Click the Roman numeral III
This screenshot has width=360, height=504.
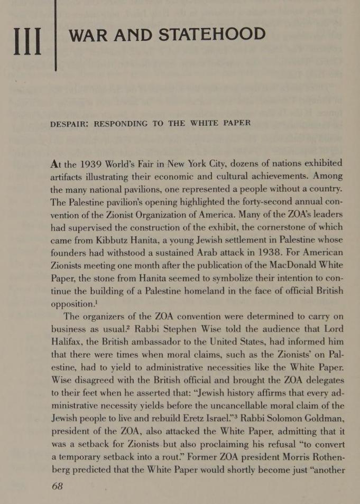click(27, 41)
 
